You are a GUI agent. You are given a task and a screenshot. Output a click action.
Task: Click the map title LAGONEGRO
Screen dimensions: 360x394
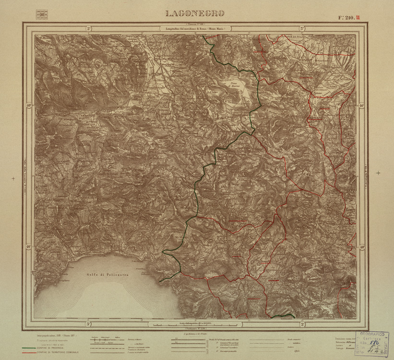point(194,13)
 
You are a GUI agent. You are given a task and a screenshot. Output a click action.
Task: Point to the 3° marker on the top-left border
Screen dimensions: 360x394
point(89,29)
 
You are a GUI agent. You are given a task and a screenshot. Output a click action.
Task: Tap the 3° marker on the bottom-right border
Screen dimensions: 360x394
point(303,324)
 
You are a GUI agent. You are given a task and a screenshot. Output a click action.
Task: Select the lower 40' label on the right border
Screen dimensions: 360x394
point(362,247)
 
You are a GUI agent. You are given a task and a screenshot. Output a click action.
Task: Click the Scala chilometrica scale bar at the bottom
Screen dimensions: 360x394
point(196,324)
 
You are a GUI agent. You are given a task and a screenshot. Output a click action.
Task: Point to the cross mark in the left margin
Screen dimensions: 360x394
point(13,179)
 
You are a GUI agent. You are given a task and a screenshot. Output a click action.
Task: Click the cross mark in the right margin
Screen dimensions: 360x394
point(379,173)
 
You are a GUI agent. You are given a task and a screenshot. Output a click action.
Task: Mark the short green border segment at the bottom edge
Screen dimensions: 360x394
point(282,316)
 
